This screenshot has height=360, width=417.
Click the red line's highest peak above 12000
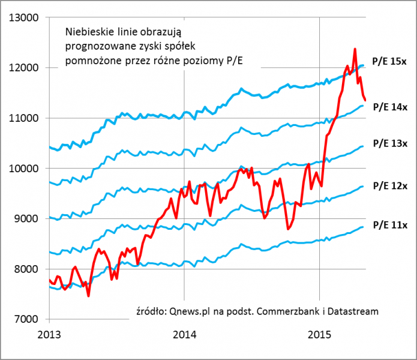[355, 49]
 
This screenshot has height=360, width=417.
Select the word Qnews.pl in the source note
[187, 311]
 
